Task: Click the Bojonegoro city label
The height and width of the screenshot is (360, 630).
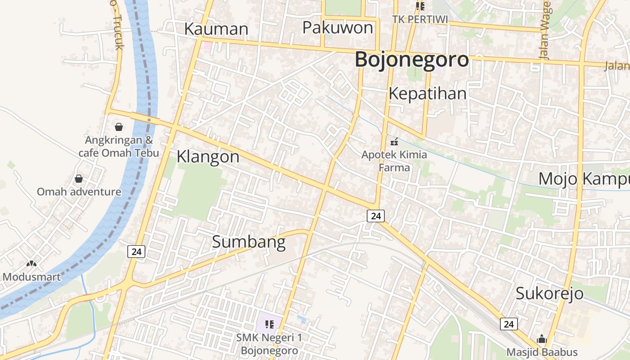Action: click(412, 60)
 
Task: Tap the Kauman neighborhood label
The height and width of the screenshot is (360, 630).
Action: click(216, 29)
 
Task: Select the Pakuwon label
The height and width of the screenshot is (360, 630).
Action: click(337, 28)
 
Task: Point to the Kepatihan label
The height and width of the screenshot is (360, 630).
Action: click(427, 94)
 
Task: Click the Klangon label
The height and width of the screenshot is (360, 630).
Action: click(208, 157)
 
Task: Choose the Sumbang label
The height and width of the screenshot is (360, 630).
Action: click(248, 242)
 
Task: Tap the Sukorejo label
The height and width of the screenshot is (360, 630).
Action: click(549, 293)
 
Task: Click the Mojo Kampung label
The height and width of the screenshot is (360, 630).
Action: click(584, 179)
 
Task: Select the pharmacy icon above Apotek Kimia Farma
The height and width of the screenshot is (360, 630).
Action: click(394, 142)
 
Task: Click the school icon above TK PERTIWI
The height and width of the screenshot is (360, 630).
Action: click(420, 6)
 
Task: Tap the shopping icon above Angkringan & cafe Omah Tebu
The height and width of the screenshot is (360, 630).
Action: click(119, 127)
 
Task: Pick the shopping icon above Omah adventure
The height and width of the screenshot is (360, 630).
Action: click(79, 179)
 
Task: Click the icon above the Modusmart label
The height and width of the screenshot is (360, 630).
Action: click(31, 264)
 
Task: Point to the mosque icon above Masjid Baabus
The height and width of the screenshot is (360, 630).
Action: click(542, 339)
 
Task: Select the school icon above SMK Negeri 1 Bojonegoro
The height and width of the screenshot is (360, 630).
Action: click(269, 324)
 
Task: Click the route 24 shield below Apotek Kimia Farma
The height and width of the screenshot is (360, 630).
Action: click(376, 216)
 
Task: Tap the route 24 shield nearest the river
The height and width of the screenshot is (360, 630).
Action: click(136, 252)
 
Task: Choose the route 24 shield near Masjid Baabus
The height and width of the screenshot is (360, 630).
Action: click(508, 324)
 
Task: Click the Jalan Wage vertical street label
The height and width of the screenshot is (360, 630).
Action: click(545, 31)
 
